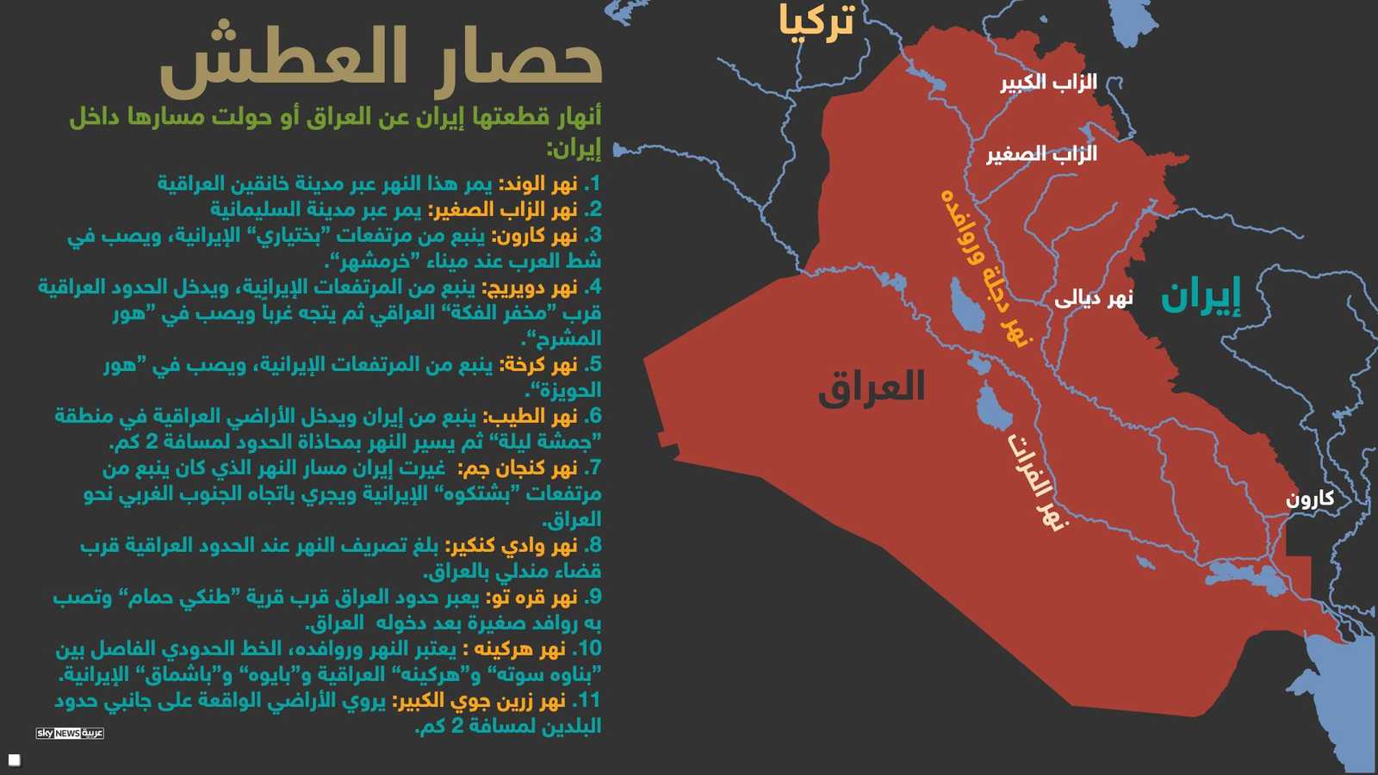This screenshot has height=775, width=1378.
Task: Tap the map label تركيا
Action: tap(816, 21)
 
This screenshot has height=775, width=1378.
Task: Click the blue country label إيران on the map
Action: tap(1201, 295)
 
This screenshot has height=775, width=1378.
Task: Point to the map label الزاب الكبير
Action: tap(1048, 83)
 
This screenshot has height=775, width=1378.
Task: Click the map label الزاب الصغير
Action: tap(1041, 154)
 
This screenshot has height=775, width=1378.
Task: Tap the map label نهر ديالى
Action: tap(1094, 298)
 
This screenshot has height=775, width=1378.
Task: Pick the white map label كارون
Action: tap(1310, 499)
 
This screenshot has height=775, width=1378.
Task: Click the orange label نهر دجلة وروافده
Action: tap(985, 267)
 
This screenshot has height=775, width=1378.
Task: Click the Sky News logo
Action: tap(70, 733)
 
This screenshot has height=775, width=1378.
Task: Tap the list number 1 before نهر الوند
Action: tap(593, 183)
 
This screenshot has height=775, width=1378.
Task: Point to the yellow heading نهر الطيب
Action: tap(530, 417)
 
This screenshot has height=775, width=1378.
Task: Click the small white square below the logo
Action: tap(15, 759)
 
